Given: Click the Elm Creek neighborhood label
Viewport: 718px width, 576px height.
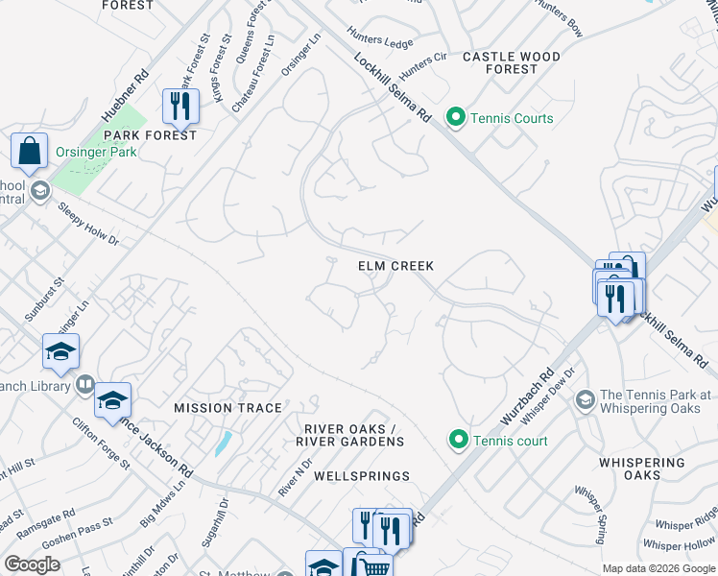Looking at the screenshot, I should tap(395, 266).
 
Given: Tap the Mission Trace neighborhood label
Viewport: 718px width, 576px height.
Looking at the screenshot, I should tap(228, 408).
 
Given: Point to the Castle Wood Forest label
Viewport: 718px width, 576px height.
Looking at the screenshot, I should tap(512, 63).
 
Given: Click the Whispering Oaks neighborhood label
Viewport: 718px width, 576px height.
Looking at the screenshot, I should tap(642, 468).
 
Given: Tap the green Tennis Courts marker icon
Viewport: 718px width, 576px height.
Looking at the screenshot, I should tap(457, 118).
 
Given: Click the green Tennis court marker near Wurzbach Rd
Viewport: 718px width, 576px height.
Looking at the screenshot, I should tap(458, 441).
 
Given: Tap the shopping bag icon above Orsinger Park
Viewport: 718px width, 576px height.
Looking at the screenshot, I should tap(30, 151).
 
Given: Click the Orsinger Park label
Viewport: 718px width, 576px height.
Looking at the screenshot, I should tap(94, 152).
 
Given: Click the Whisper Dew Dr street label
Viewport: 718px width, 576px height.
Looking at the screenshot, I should tap(558, 390).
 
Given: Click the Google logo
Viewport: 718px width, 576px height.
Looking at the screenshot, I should tap(33, 564).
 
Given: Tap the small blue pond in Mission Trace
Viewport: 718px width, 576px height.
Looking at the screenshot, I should tap(223, 443).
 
